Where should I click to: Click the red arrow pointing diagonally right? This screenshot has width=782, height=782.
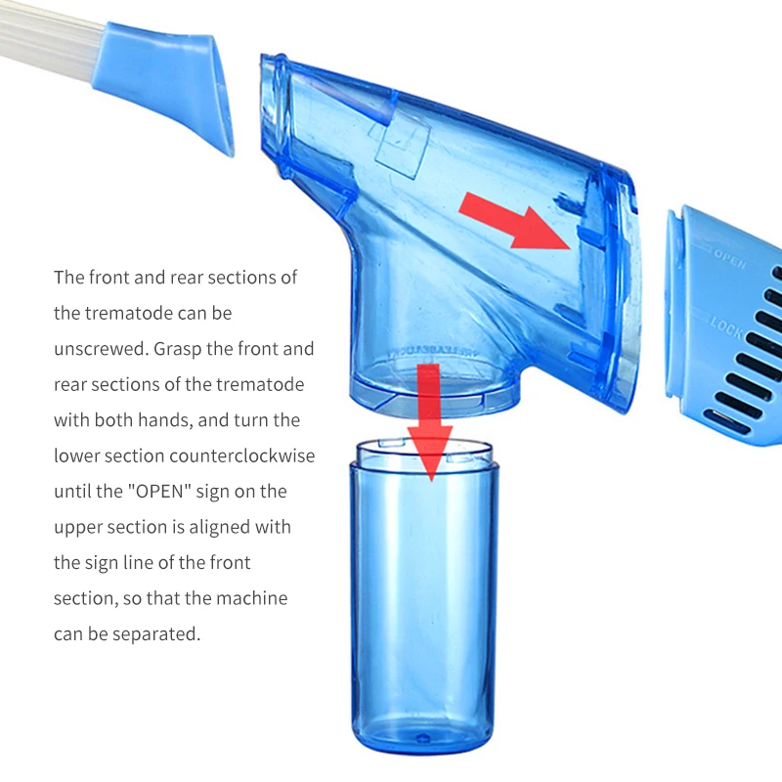click(x=514, y=219)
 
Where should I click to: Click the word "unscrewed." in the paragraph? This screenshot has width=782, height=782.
click(x=102, y=349)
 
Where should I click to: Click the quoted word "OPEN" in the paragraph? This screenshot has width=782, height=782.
click(x=205, y=492)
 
